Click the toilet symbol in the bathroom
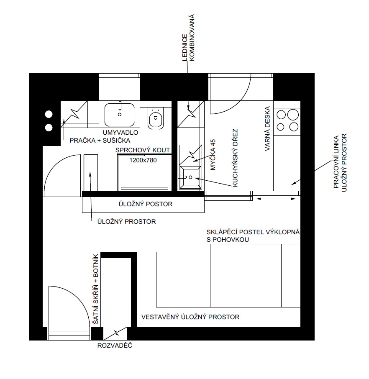coord(156,118)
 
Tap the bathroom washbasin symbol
coord(120,115)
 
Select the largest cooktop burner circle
coord(293,115)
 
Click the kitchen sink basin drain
coord(190,177)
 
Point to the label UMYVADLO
coord(120,133)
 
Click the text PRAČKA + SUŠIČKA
coord(100,141)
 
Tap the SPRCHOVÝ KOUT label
coord(143,150)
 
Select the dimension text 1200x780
coord(143,160)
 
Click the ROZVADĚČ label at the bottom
coord(115,346)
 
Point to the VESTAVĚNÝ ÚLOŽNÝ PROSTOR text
coord(190,317)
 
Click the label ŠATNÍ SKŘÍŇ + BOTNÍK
coord(96,289)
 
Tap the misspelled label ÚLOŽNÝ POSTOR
coord(145,204)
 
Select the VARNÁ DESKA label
coord(267,129)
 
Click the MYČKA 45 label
coord(213,155)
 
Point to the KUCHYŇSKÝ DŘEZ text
coord(235,158)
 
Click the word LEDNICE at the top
coord(184,48)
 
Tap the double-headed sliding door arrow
coord(276,199)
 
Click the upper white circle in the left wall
coord(49,114)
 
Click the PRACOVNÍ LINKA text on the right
coord(336,162)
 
